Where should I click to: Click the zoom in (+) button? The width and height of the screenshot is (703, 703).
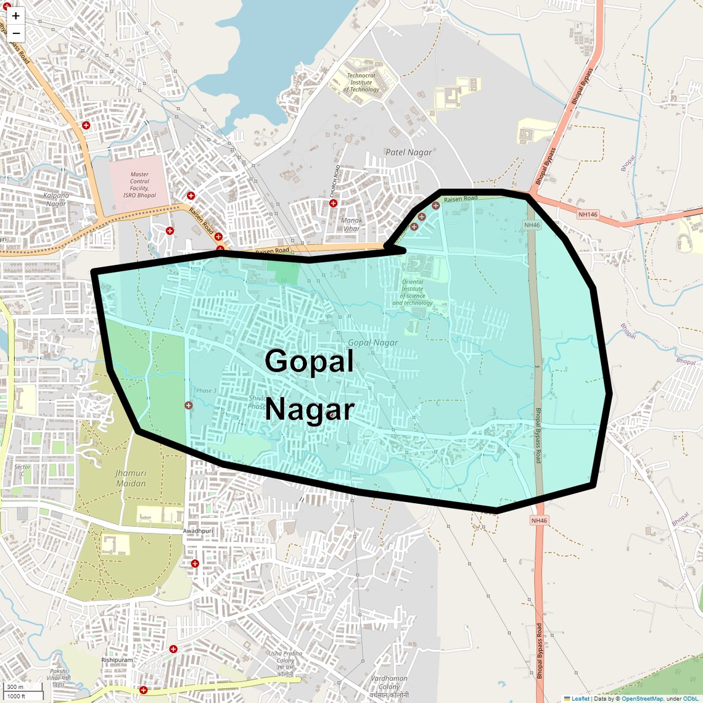point(16,16)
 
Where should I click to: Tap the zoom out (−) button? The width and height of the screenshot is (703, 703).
point(16,33)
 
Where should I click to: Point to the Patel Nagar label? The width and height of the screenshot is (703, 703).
point(408,152)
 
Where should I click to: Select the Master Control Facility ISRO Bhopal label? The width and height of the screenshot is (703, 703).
point(139,184)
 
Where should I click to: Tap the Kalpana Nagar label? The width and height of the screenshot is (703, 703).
point(56,200)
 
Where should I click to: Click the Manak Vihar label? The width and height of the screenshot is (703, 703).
point(351,224)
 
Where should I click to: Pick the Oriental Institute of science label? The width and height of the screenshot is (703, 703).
point(413,292)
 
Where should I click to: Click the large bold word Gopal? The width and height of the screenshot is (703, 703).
point(309,361)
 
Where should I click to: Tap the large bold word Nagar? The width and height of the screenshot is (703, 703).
point(310,409)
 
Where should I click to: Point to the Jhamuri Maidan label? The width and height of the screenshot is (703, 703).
point(131,478)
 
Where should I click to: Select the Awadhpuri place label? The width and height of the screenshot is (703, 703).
point(198,531)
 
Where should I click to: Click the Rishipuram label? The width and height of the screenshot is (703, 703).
point(117,660)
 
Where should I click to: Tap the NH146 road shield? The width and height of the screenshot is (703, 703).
point(588,215)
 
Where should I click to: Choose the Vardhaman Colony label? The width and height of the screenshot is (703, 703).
point(389,683)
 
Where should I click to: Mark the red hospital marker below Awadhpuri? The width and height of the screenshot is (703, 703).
point(195,564)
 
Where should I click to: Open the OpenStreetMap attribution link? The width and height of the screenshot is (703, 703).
point(641,699)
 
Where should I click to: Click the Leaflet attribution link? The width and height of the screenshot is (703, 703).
point(580,699)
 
